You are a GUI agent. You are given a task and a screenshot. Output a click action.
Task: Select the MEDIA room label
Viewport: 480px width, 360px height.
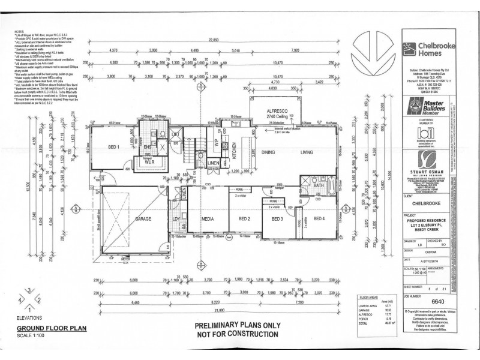[208, 219]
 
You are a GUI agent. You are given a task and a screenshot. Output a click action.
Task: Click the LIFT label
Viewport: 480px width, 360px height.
[176, 136]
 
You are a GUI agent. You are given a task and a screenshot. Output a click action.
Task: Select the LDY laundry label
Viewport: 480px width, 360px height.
[177, 219]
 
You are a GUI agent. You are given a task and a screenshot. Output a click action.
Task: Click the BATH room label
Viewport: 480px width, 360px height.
[318, 186]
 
